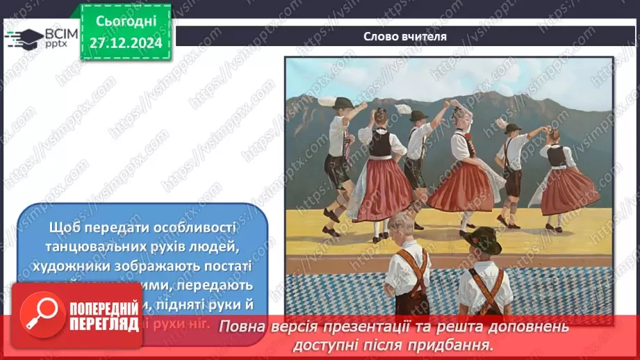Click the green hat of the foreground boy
pos(480,239)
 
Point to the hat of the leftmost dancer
pos(342,103)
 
